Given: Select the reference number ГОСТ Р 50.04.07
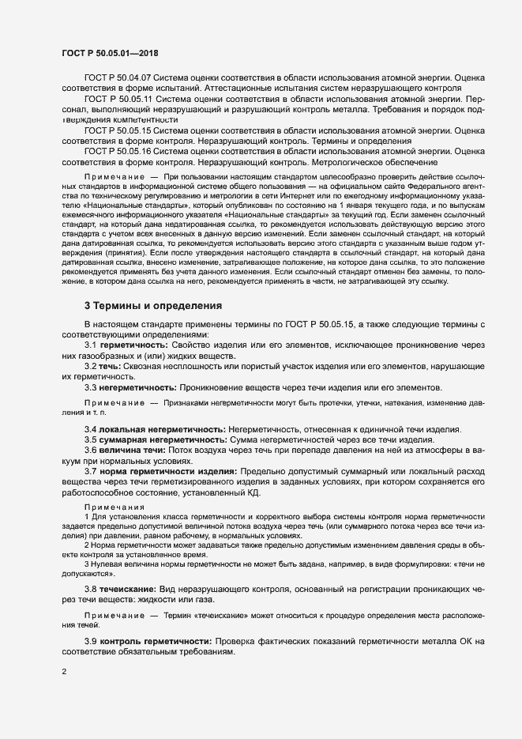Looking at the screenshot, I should click(118, 79).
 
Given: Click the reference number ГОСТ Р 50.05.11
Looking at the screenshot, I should click(118, 100).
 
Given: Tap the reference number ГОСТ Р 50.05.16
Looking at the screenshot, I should click(118, 151).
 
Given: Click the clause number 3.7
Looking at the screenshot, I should click(91, 471).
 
